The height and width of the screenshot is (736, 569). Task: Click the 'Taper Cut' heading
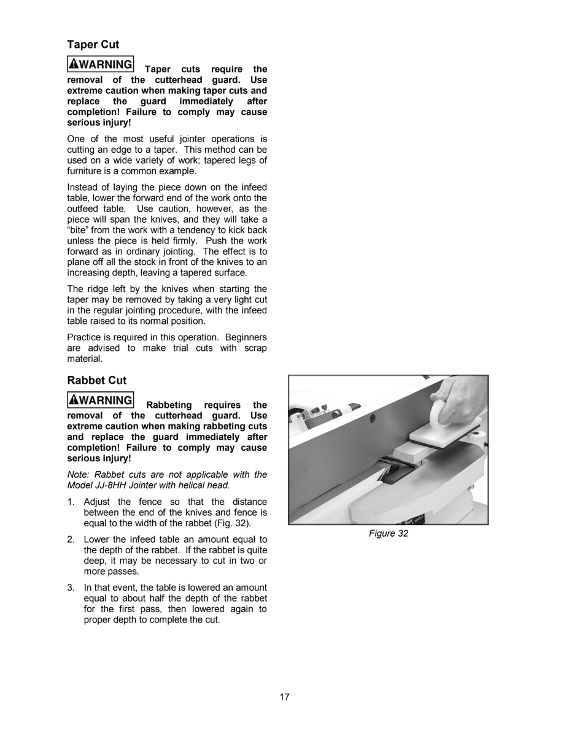pyautogui.click(x=93, y=45)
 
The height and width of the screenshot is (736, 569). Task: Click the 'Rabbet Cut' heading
pyautogui.click(x=97, y=380)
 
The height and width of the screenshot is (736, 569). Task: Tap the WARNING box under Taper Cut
pyautogui.click(x=100, y=64)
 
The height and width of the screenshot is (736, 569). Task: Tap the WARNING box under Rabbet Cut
pyautogui.click(x=100, y=400)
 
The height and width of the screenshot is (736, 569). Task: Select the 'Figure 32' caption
pyautogui.click(x=388, y=534)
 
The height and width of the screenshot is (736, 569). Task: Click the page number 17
pyautogui.click(x=284, y=697)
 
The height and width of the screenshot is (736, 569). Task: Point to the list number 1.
pyautogui.click(x=71, y=502)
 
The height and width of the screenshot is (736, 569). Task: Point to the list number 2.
pyautogui.click(x=71, y=539)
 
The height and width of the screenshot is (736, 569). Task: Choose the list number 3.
pyautogui.click(x=71, y=588)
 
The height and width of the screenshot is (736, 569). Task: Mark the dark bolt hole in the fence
pyautogui.click(x=371, y=419)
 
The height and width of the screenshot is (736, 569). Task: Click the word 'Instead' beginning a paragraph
pyautogui.click(x=82, y=187)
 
